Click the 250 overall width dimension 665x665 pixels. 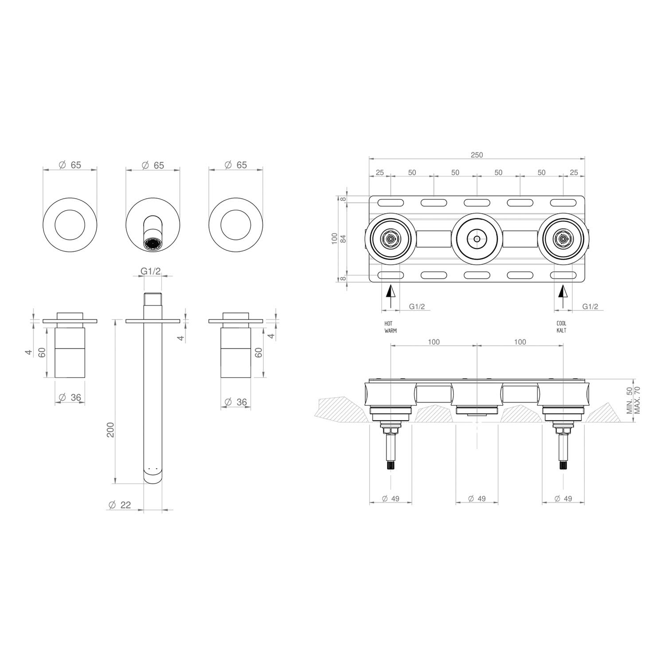[477, 155]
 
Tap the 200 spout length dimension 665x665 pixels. [111, 430]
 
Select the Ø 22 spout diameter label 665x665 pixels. [120, 505]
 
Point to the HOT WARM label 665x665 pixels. [391, 327]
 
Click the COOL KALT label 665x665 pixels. [561, 327]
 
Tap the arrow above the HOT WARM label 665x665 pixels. [390, 297]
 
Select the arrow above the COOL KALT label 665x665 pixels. [563, 297]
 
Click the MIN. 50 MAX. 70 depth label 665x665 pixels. [634, 400]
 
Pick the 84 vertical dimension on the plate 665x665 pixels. [343, 239]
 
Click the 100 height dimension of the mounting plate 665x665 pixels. [335, 239]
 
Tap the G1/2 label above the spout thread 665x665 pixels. [151, 271]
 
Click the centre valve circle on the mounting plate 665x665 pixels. [477, 239]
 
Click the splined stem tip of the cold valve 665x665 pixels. [563, 466]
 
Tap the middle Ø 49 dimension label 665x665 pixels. [477, 498]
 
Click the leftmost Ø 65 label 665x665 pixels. [70, 165]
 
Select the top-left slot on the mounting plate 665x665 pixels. [391, 203]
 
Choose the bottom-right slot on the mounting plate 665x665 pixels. [563, 275]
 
